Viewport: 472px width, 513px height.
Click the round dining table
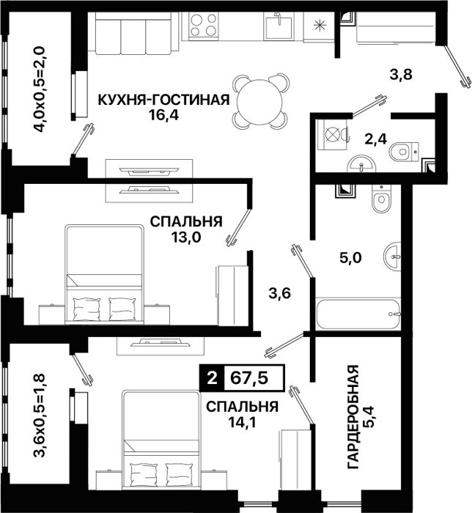(260, 102)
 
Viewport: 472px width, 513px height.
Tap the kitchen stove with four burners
(203, 25)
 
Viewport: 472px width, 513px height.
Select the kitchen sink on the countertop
(279, 26)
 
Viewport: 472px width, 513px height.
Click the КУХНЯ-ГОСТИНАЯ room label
(164, 100)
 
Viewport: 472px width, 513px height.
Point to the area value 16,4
(164, 115)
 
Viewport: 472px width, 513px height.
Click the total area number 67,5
(249, 378)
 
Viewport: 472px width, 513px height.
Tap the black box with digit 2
(212, 378)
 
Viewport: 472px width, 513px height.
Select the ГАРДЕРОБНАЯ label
(353, 417)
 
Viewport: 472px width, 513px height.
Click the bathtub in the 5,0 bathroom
(358, 314)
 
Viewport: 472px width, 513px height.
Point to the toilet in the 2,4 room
(405, 152)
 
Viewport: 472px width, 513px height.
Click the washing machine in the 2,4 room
(332, 135)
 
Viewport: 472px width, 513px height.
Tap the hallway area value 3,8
(402, 75)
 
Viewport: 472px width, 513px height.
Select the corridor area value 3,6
(280, 293)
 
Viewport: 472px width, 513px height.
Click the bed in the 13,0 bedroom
(104, 274)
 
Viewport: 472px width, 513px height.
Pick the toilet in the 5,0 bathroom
(381, 197)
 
